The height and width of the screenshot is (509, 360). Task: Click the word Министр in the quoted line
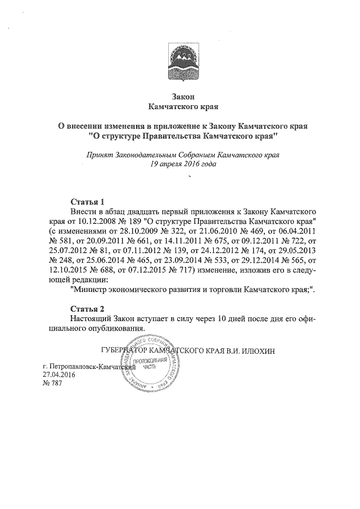coord(92,292)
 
